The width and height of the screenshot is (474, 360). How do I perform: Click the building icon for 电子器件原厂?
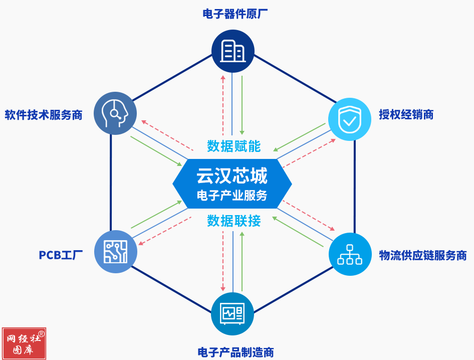point(233,51)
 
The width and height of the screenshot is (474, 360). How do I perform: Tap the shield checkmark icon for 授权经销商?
point(349,119)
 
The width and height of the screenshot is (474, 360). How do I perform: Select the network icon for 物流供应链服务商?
point(350,254)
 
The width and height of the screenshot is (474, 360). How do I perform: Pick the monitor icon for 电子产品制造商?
point(233,314)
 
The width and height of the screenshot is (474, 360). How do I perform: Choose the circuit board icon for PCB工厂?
point(115,252)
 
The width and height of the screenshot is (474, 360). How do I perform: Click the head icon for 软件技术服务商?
point(115,113)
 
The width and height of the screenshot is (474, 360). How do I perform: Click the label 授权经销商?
point(406,115)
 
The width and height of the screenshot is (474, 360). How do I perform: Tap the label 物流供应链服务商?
point(423,255)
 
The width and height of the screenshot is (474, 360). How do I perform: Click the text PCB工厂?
point(61,255)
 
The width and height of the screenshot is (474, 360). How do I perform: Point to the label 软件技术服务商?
point(43,115)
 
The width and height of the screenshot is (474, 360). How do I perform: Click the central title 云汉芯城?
point(232,176)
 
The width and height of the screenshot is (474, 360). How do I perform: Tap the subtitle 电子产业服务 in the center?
point(232,196)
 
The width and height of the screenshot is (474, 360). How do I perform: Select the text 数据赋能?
point(234,146)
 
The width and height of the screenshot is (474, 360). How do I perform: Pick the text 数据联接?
point(234,221)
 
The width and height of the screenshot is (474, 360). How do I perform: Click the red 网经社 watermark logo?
point(24,343)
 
